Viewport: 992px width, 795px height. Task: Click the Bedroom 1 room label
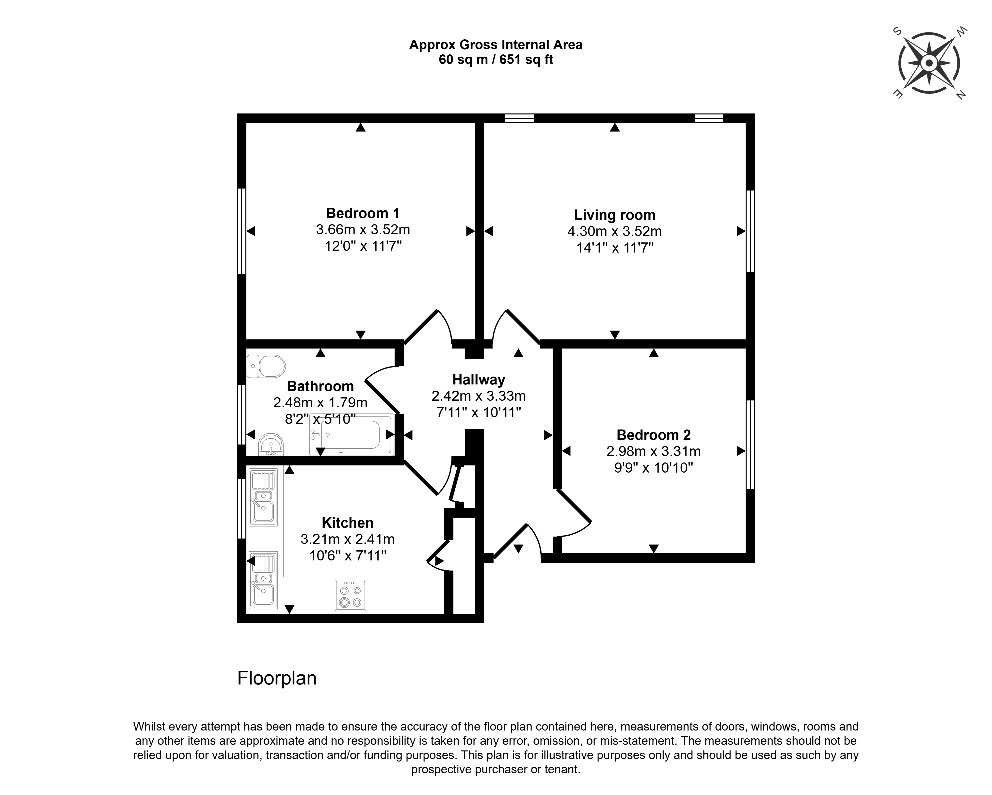coord(363,213)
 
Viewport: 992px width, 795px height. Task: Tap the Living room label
coord(615,215)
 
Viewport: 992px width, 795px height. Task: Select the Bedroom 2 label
coord(653,435)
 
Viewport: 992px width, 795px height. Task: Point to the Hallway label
coord(479,380)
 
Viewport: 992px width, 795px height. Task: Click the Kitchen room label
coord(347,523)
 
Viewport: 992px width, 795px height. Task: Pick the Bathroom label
coord(320,386)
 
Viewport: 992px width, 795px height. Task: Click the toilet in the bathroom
coord(266,366)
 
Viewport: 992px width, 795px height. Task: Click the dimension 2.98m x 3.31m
coord(653,451)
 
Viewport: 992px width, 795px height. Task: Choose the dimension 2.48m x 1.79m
coord(320,403)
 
